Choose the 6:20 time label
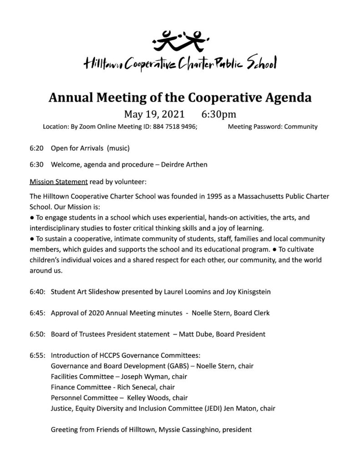(x=36, y=148)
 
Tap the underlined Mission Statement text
(x=58, y=182)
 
